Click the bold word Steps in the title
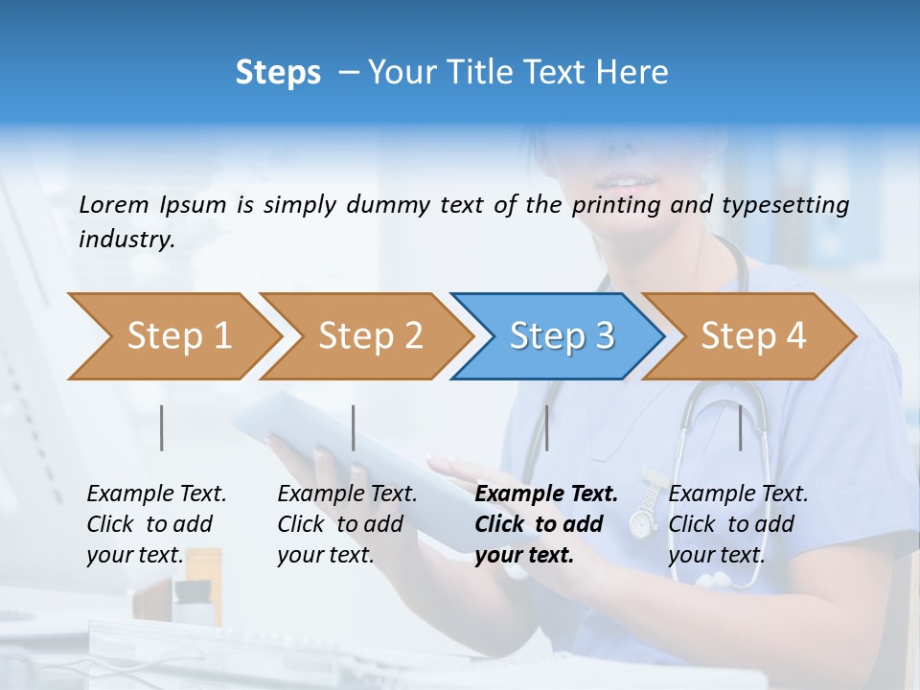(x=278, y=72)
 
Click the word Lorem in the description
(x=113, y=204)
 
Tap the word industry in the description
(x=126, y=239)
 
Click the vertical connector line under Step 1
(x=162, y=427)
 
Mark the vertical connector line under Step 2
(x=354, y=427)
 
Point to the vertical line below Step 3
(x=547, y=427)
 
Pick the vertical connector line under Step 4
(x=741, y=427)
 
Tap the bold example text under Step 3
(x=545, y=524)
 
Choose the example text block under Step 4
(x=738, y=524)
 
